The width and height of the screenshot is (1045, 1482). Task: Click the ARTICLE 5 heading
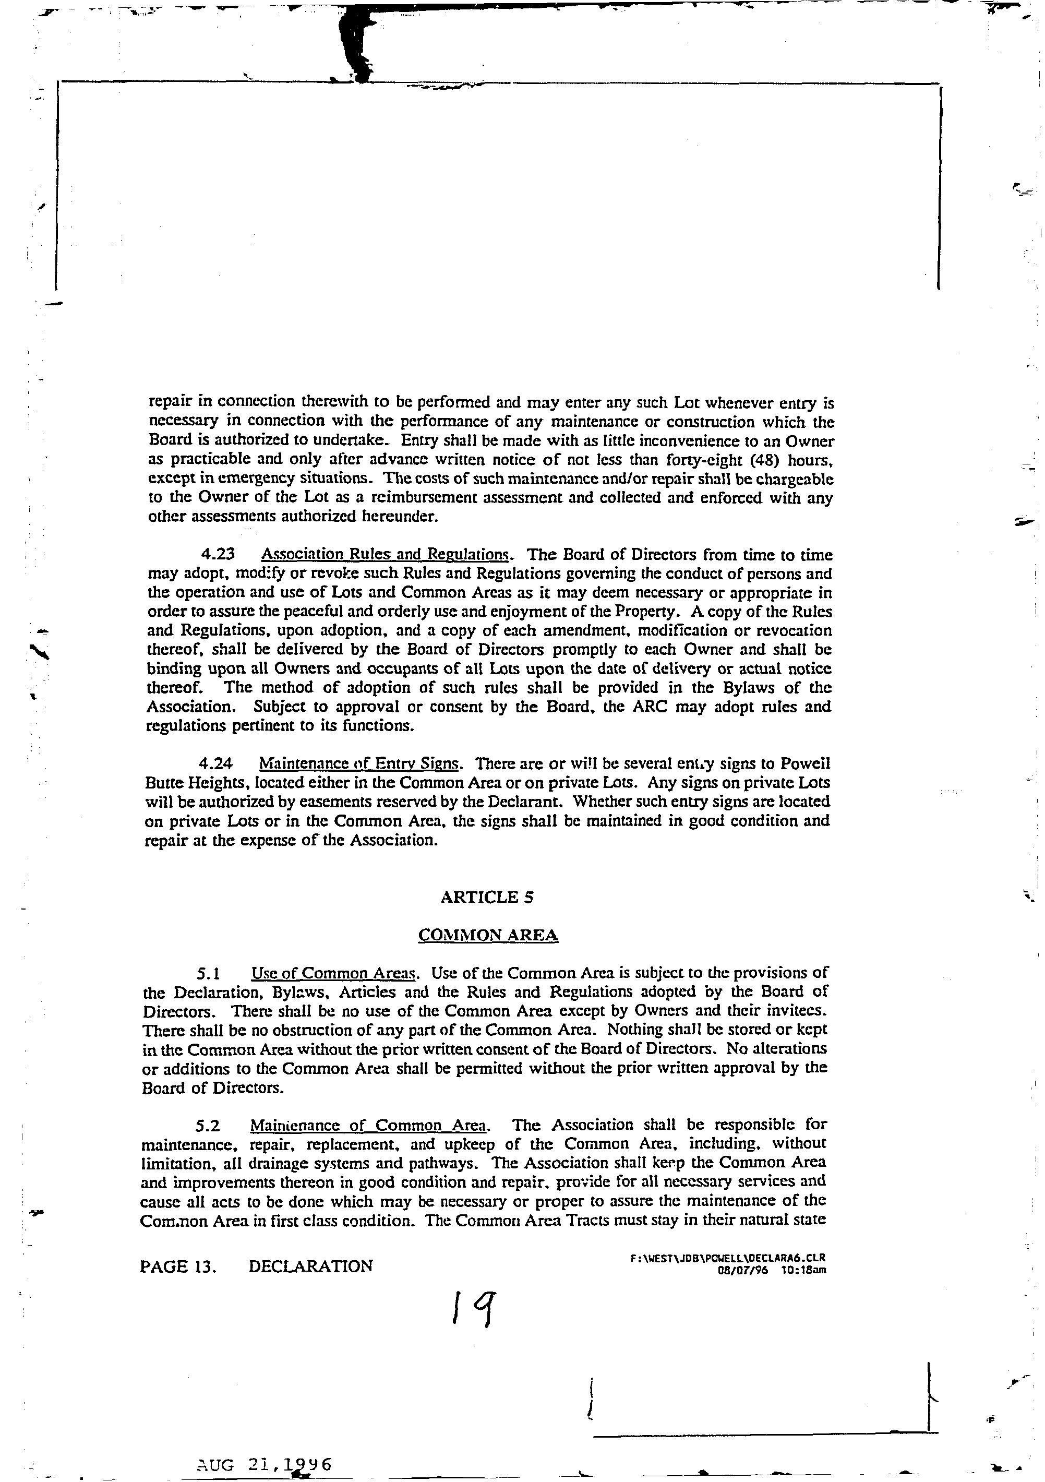[x=487, y=897]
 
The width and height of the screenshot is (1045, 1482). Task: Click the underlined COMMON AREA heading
[x=488, y=935]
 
